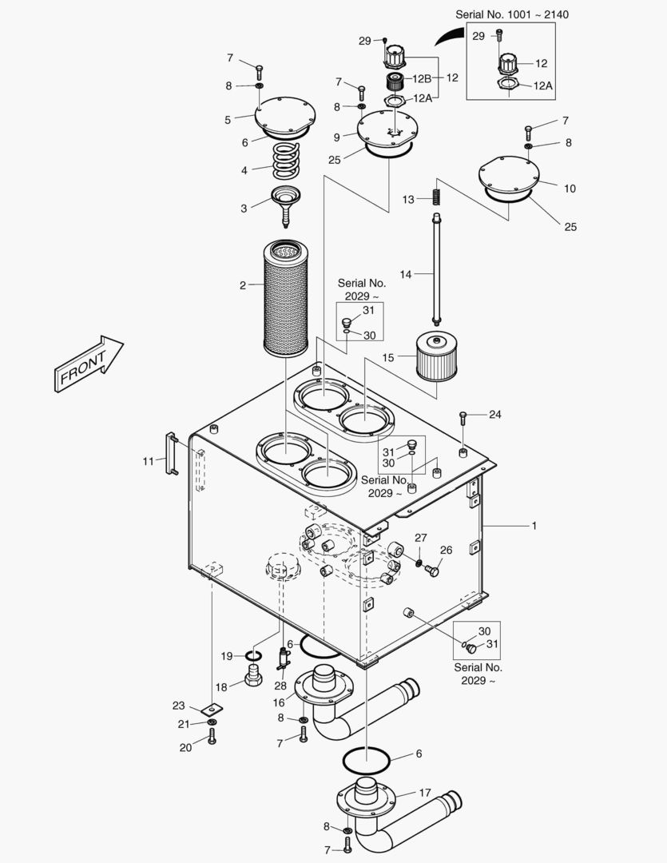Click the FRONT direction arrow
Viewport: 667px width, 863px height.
tap(89, 364)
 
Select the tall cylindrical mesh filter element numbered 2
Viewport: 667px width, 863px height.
tap(286, 298)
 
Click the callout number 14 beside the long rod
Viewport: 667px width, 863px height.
tap(406, 274)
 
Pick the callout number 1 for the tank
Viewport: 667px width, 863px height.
tap(534, 526)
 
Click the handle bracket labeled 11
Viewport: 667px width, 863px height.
tap(171, 453)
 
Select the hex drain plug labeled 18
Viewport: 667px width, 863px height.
tap(253, 674)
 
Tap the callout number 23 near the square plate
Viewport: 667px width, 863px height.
tap(178, 706)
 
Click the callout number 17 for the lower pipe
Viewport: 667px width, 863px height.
tap(425, 793)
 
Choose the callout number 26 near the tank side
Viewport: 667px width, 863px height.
tap(446, 550)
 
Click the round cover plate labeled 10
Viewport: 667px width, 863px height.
tap(509, 178)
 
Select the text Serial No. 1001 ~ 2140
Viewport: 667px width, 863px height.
tap(512, 15)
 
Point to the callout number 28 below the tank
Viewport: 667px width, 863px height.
tap(280, 686)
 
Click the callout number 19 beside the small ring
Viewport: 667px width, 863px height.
tap(227, 656)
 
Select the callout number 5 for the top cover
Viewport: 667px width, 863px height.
tap(228, 120)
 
